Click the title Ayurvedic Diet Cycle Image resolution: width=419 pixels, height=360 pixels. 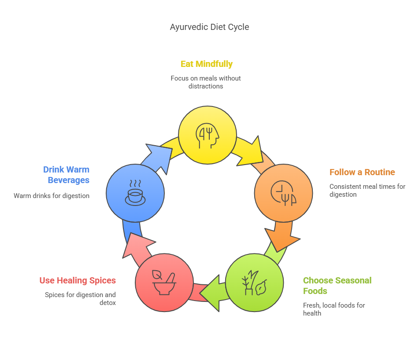[209, 27]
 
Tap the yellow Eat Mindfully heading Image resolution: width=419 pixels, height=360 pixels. [206, 64]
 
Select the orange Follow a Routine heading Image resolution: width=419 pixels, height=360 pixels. [362, 172]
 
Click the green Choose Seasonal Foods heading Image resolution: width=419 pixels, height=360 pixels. [337, 286]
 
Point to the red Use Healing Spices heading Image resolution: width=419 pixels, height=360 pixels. [78, 280]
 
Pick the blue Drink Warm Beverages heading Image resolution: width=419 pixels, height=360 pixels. [66, 175]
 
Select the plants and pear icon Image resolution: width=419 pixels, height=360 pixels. [254, 283]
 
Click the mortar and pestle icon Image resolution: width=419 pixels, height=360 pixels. [164, 283]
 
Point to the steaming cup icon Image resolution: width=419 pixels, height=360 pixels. [135, 193]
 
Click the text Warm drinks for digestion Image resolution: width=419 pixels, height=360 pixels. [52, 196]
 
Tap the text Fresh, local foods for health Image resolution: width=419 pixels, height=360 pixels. [334, 309]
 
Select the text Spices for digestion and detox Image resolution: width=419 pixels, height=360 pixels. [80, 299]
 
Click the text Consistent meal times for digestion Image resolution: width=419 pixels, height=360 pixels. [367, 191]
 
